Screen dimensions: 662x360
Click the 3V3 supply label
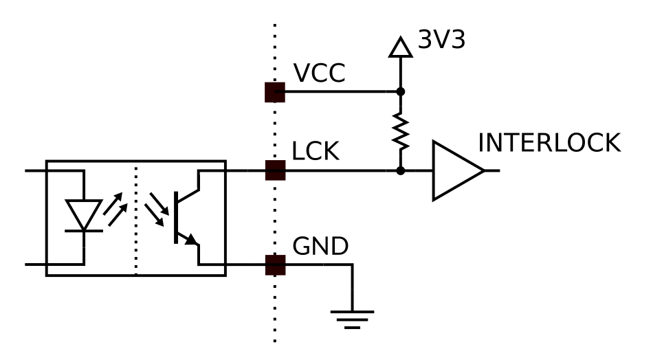tap(441, 39)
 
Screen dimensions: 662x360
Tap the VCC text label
tap(319, 73)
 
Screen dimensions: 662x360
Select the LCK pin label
tap(316, 151)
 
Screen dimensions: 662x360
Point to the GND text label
tap(320, 246)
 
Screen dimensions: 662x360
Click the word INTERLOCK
tap(549, 143)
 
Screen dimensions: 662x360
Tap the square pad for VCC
tap(275, 93)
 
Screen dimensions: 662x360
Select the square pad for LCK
tap(275, 170)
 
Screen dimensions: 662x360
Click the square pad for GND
tap(275, 265)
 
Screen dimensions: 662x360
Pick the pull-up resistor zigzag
tap(401, 131)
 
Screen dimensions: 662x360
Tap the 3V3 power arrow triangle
tap(400, 47)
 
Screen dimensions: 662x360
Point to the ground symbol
tap(352, 319)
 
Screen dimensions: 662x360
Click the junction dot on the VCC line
tap(401, 91)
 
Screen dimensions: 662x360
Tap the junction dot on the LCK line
tap(401, 171)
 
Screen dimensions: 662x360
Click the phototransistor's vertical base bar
tap(176, 217)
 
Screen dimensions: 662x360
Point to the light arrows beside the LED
tap(115, 209)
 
